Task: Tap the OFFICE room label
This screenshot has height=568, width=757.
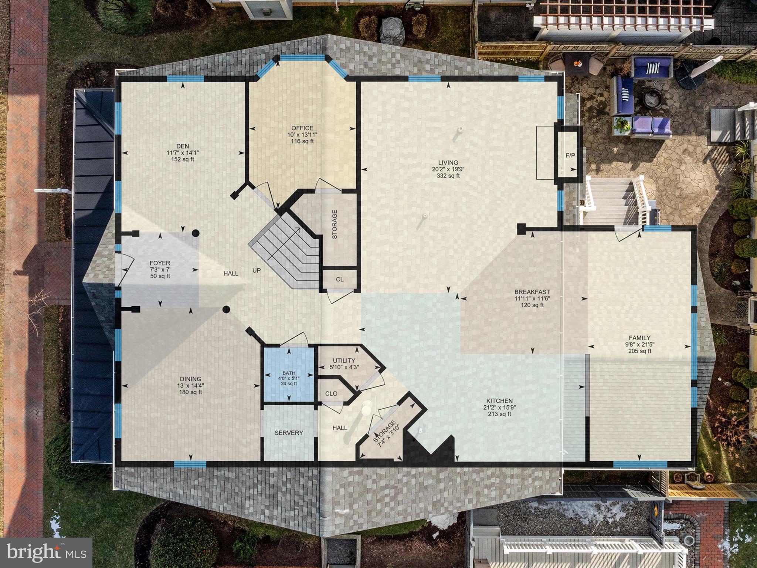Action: coord(302,128)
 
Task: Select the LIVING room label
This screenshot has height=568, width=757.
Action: coord(448,162)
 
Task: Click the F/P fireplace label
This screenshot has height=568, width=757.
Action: coord(570,155)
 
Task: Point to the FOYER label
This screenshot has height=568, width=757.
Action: coord(160,263)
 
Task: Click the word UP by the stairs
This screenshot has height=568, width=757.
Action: coord(256,271)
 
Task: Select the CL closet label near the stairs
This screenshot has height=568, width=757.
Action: coord(339,280)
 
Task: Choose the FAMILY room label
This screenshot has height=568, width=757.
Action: coord(639,338)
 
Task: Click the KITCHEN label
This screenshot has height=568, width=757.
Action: coord(499,401)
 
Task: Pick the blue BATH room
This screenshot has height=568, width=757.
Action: coord(288,373)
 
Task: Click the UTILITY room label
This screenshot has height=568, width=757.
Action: coord(344,361)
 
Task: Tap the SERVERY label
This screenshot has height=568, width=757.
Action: coord(289,433)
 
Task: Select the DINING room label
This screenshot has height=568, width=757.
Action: coord(190,379)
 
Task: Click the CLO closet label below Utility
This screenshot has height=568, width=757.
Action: coord(331,393)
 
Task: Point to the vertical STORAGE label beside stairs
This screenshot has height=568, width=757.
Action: coord(335,224)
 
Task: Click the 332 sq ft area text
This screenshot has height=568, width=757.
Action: coord(448,176)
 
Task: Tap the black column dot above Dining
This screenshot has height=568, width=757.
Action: coord(226,310)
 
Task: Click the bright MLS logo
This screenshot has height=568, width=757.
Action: coord(46,553)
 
